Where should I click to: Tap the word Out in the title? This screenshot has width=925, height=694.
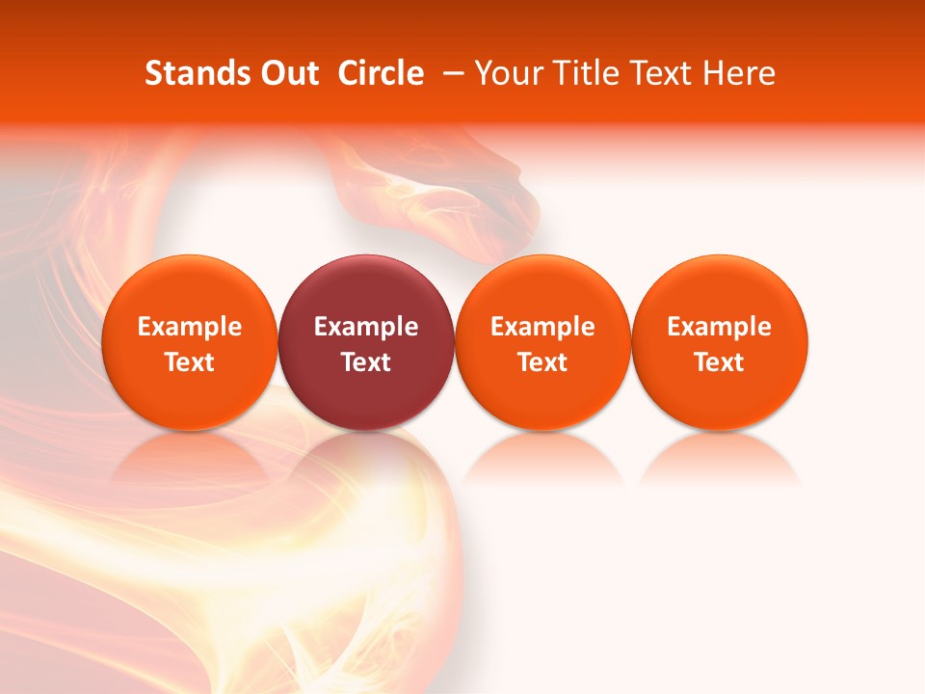coord(287,73)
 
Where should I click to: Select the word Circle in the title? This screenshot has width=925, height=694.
coord(381,73)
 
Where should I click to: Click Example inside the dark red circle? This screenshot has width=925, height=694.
coord(366,327)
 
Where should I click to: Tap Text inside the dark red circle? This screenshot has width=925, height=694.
coord(366,362)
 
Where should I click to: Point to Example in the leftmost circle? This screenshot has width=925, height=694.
coord(190,327)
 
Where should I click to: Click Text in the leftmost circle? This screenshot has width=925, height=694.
coord(190,362)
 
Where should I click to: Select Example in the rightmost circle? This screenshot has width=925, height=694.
coord(720,327)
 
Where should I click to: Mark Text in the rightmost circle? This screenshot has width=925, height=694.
coord(720,362)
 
